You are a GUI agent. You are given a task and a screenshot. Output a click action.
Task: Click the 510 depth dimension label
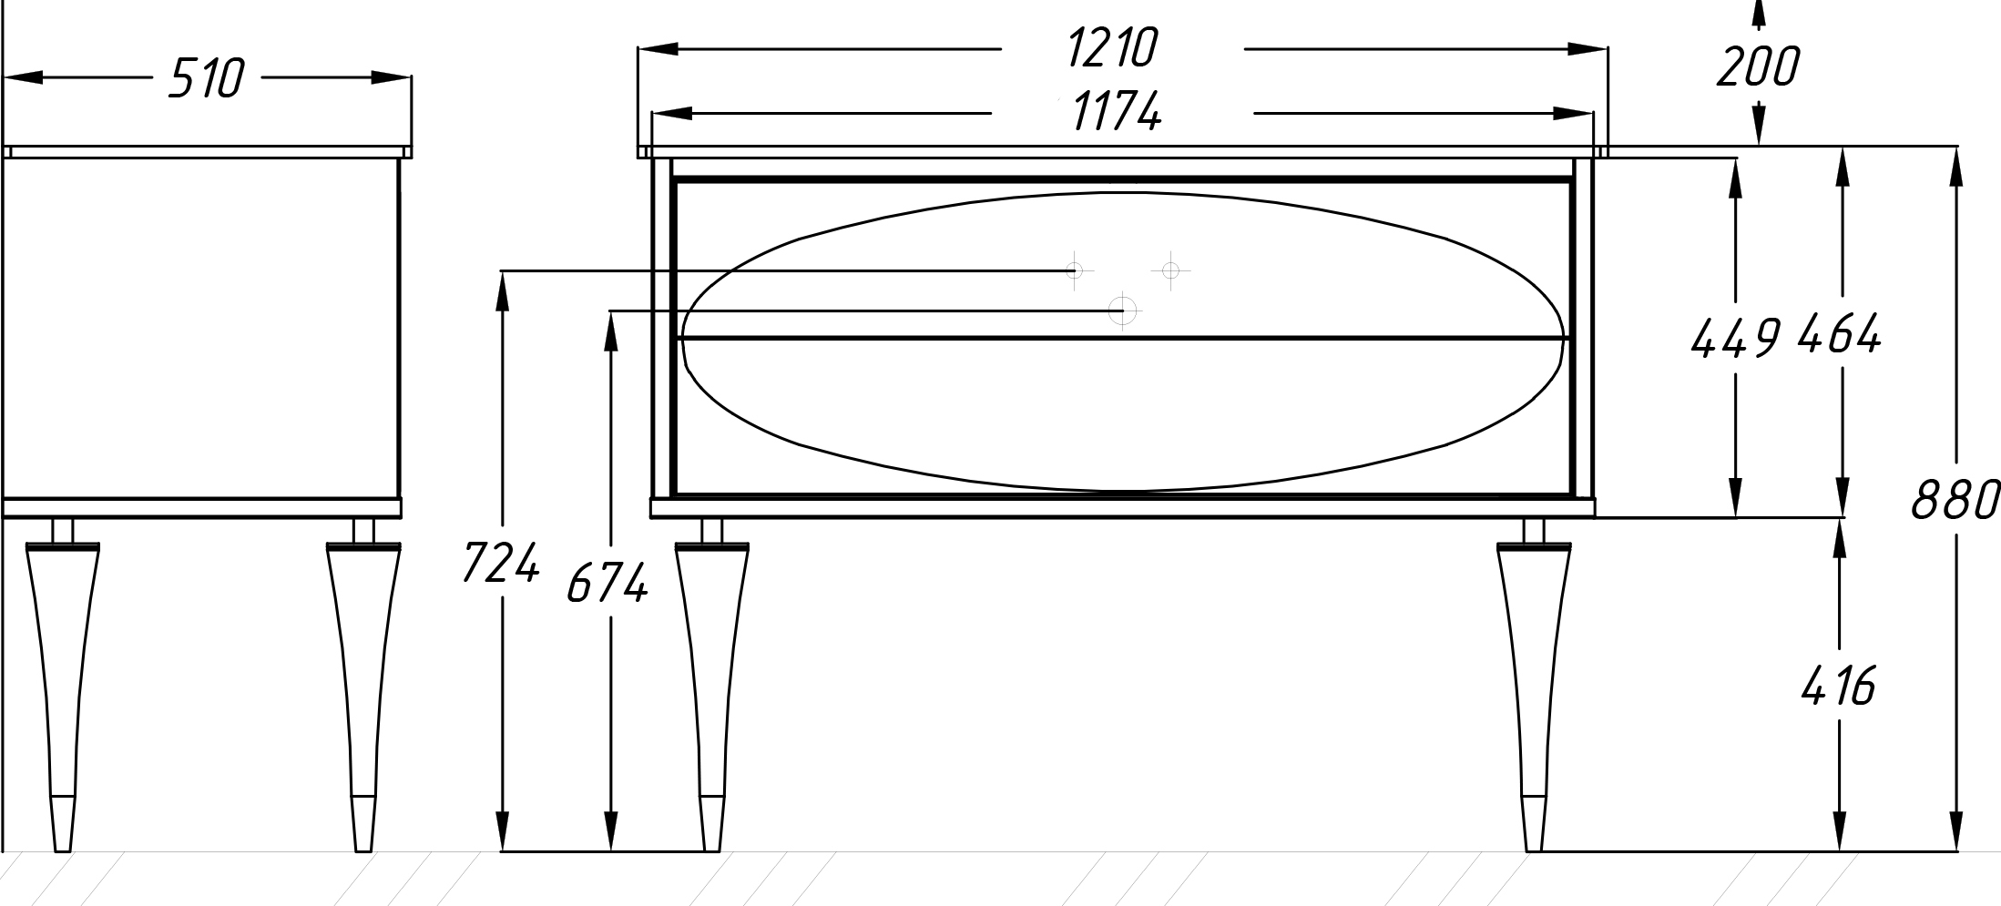coord(207,78)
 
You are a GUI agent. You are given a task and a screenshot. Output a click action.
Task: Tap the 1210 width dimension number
coord(1112,48)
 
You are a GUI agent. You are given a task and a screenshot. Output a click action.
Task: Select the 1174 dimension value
coord(1117,113)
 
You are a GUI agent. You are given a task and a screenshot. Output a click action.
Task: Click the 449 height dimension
coord(1735,338)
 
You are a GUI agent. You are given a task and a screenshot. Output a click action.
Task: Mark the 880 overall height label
coord(1955,499)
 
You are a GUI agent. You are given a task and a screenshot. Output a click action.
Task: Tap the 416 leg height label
coord(1838,686)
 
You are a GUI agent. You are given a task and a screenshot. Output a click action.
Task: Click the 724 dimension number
coord(501,562)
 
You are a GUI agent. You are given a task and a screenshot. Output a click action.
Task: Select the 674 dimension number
coord(607,583)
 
